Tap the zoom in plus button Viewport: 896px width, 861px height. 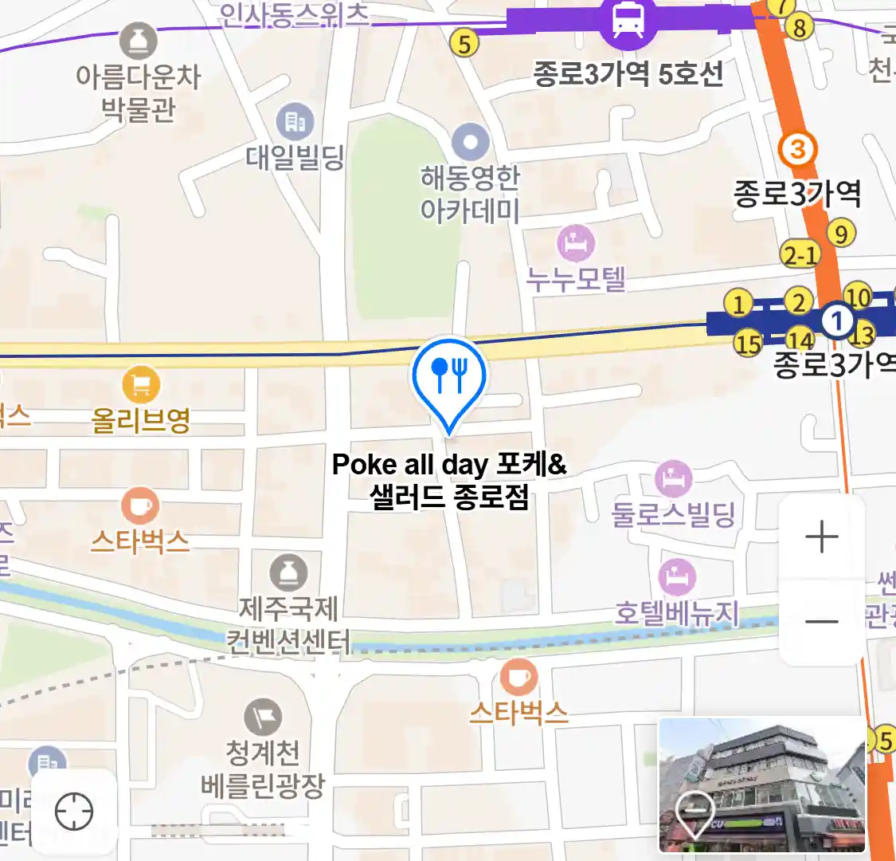click(x=822, y=538)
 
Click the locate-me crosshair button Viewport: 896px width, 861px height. click(x=74, y=812)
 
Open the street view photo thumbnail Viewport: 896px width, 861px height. click(x=762, y=785)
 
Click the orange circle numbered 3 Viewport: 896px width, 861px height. click(x=797, y=149)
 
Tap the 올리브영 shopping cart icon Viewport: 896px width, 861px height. click(x=141, y=386)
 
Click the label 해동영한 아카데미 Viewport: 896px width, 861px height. click(x=470, y=194)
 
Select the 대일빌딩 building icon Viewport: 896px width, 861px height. click(x=295, y=122)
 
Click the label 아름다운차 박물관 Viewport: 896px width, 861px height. click(x=138, y=92)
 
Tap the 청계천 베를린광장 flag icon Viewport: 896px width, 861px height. click(x=263, y=717)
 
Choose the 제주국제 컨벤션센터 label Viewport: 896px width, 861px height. click(x=288, y=625)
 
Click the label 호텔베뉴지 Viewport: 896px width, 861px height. click(x=677, y=613)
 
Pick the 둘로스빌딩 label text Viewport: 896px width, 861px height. click(x=673, y=514)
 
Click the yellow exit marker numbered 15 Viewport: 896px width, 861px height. click(x=748, y=344)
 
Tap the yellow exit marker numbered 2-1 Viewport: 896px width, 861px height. click(x=800, y=254)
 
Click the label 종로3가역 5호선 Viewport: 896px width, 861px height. click(x=628, y=74)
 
